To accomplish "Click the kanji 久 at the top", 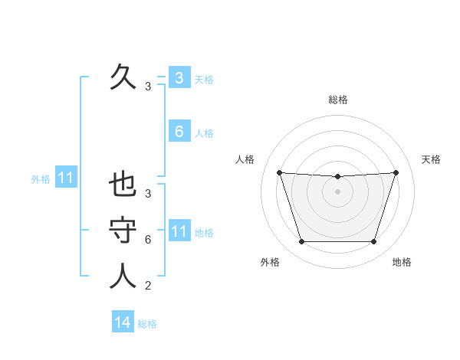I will coord(123,77).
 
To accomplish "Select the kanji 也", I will coord(123,185).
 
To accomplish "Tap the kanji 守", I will coord(123,231).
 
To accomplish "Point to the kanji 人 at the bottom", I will coord(123,277).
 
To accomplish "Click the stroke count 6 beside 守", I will coord(148,240).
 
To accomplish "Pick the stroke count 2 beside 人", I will coord(148,286).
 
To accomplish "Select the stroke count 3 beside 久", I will coord(148,87).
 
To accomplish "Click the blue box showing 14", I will coord(123,322).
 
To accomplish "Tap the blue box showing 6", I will coord(179,132).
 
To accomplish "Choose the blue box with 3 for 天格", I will coord(179,78).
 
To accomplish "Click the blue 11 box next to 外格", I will coord(66,178).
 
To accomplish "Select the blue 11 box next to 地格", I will coord(179,231).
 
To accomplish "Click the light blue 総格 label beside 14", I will coord(147,324).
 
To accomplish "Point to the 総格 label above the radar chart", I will coord(337,100).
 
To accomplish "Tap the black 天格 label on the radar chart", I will coord(432,159).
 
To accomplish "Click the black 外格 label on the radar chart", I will coord(270,262).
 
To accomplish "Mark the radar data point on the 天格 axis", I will coord(396,172).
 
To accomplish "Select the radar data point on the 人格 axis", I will coord(279,172).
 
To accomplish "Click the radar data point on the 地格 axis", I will coord(373,242).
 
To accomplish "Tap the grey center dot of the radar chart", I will coord(337,191).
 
